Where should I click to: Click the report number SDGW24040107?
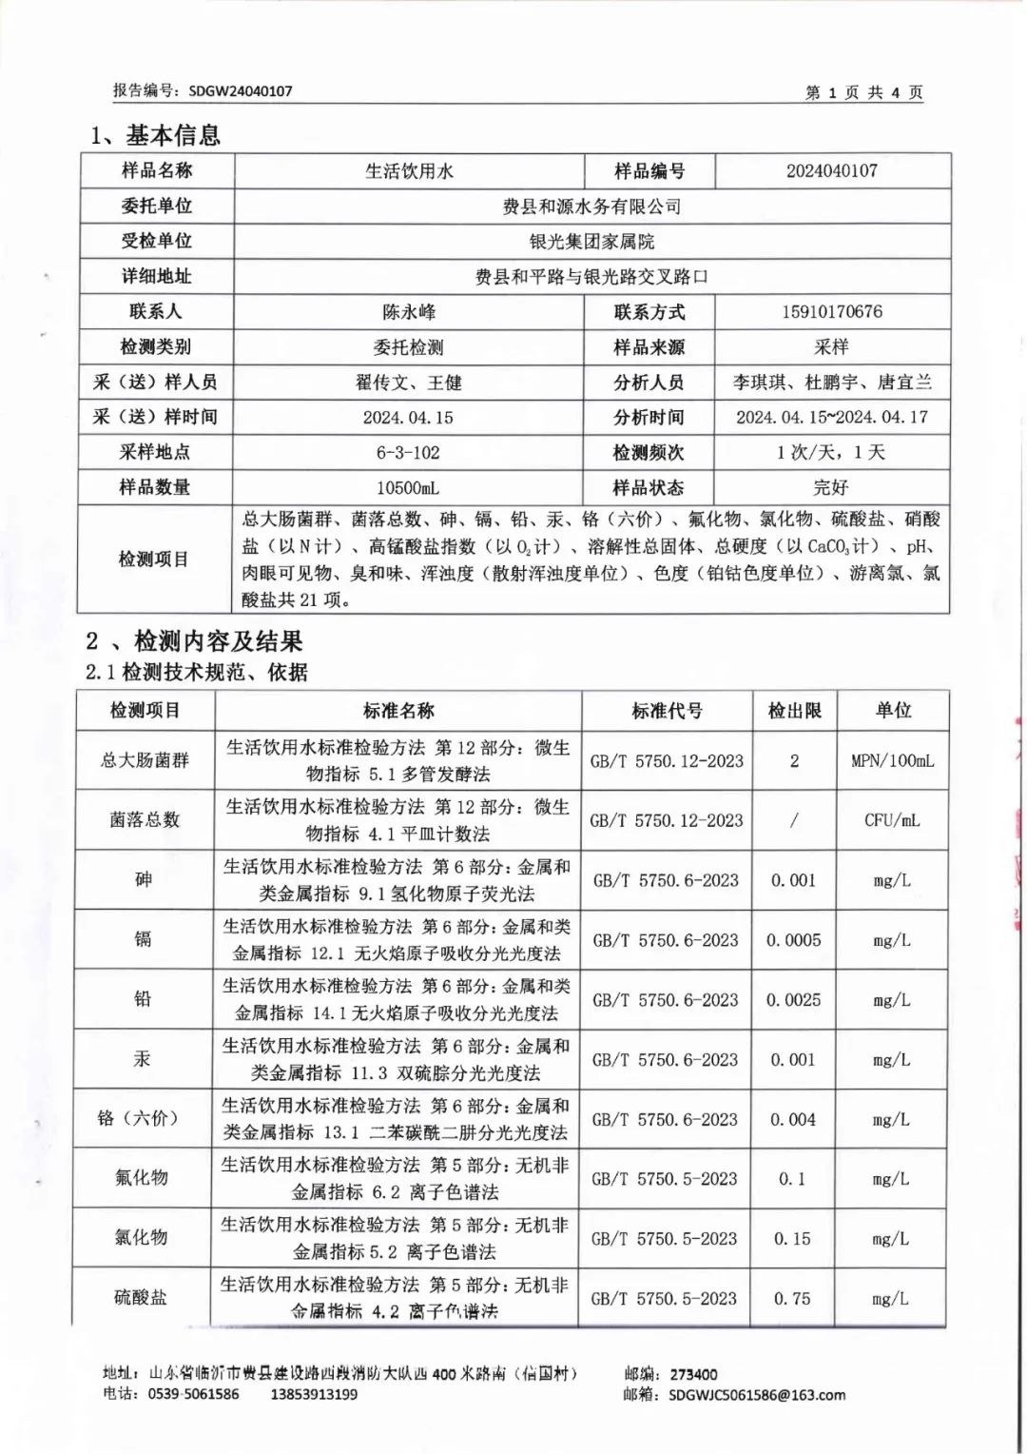coord(240,91)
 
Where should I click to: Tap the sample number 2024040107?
coord(831,171)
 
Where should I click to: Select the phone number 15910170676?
coord(831,312)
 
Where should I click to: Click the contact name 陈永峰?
coord(409,312)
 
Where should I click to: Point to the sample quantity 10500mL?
coord(408,488)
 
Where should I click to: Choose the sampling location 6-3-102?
coord(408,453)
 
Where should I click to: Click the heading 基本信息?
coord(172,136)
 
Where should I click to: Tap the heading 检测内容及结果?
coord(218,641)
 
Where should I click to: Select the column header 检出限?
coord(794,711)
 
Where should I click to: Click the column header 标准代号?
coord(667,711)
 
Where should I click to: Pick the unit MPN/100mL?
coord(892,761)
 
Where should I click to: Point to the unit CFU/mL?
coord(892,820)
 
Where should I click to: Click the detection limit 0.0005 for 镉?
coord(794,940)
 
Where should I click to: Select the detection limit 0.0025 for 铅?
coord(794,1000)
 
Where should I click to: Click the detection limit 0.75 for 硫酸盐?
coord(792,1298)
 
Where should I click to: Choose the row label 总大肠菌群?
coord(145,760)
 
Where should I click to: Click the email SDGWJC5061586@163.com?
coord(756,1395)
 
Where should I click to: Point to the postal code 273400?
coord(694,1374)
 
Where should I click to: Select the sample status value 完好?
coord(830,488)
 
